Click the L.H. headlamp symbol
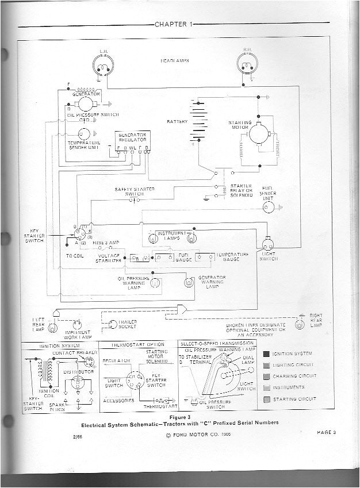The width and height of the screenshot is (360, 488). [x=104, y=67]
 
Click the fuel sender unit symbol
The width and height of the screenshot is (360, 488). [x=269, y=208]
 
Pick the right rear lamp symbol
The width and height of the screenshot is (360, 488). [x=299, y=325]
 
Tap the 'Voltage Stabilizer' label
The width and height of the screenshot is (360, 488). [x=109, y=258]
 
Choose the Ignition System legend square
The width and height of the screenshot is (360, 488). [x=267, y=353]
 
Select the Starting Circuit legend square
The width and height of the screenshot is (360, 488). [x=267, y=398]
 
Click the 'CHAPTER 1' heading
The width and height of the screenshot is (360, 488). [x=173, y=24]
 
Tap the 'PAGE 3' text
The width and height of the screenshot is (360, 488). [x=327, y=432]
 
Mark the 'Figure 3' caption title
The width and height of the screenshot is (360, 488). [x=180, y=416]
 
